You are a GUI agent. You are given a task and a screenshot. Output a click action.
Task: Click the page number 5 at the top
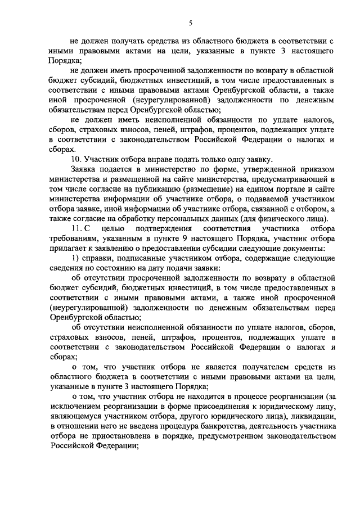point(190,22)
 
